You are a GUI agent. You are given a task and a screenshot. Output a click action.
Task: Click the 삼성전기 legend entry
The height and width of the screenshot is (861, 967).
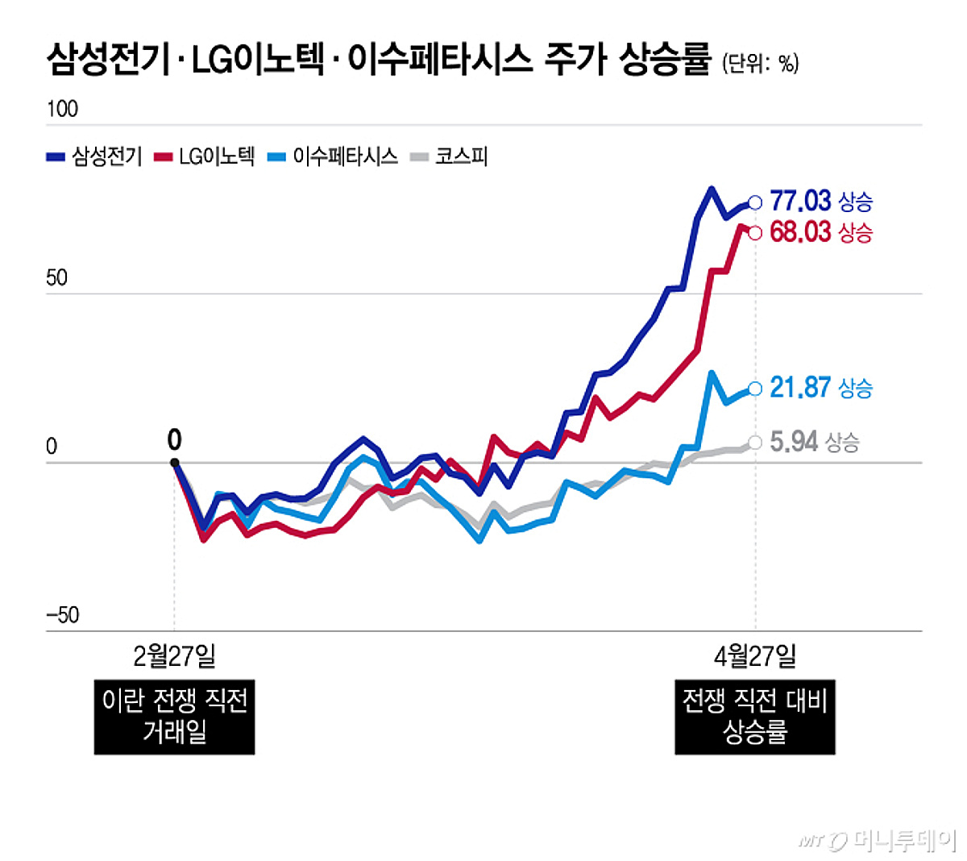tap(95, 156)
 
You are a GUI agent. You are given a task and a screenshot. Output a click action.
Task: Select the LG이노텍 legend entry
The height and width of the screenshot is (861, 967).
tap(205, 156)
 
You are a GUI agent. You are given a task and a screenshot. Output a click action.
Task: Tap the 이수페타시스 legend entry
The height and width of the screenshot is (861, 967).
tap(334, 156)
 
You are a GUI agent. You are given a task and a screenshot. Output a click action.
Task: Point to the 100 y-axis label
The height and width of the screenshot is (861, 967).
tap(62, 109)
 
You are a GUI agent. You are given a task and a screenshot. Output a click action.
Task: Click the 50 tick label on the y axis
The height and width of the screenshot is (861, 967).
tap(56, 279)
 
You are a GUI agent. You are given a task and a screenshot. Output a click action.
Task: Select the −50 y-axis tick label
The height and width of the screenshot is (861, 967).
tap(62, 616)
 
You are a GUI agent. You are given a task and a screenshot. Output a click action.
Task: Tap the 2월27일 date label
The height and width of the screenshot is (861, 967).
tap(174, 656)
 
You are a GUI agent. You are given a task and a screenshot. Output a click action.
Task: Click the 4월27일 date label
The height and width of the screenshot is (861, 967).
tap(755, 656)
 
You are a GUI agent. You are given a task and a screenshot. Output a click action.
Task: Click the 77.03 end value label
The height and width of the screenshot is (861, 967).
tap(799, 201)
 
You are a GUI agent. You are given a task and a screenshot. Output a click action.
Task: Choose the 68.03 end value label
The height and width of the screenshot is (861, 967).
tap(799, 232)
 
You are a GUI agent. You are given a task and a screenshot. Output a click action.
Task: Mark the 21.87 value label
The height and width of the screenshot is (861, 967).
tap(799, 388)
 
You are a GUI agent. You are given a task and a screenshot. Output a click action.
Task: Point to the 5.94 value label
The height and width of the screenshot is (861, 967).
tap(794, 442)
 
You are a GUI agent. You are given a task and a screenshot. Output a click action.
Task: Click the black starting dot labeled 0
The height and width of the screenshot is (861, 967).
tap(174, 463)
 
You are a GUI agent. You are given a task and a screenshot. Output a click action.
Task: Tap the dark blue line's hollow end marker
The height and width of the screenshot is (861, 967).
tap(755, 203)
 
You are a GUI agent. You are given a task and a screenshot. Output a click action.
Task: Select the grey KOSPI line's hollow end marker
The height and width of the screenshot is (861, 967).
tap(755, 442)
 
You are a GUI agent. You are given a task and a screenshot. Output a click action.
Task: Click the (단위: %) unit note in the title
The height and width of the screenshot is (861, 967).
tap(760, 64)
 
